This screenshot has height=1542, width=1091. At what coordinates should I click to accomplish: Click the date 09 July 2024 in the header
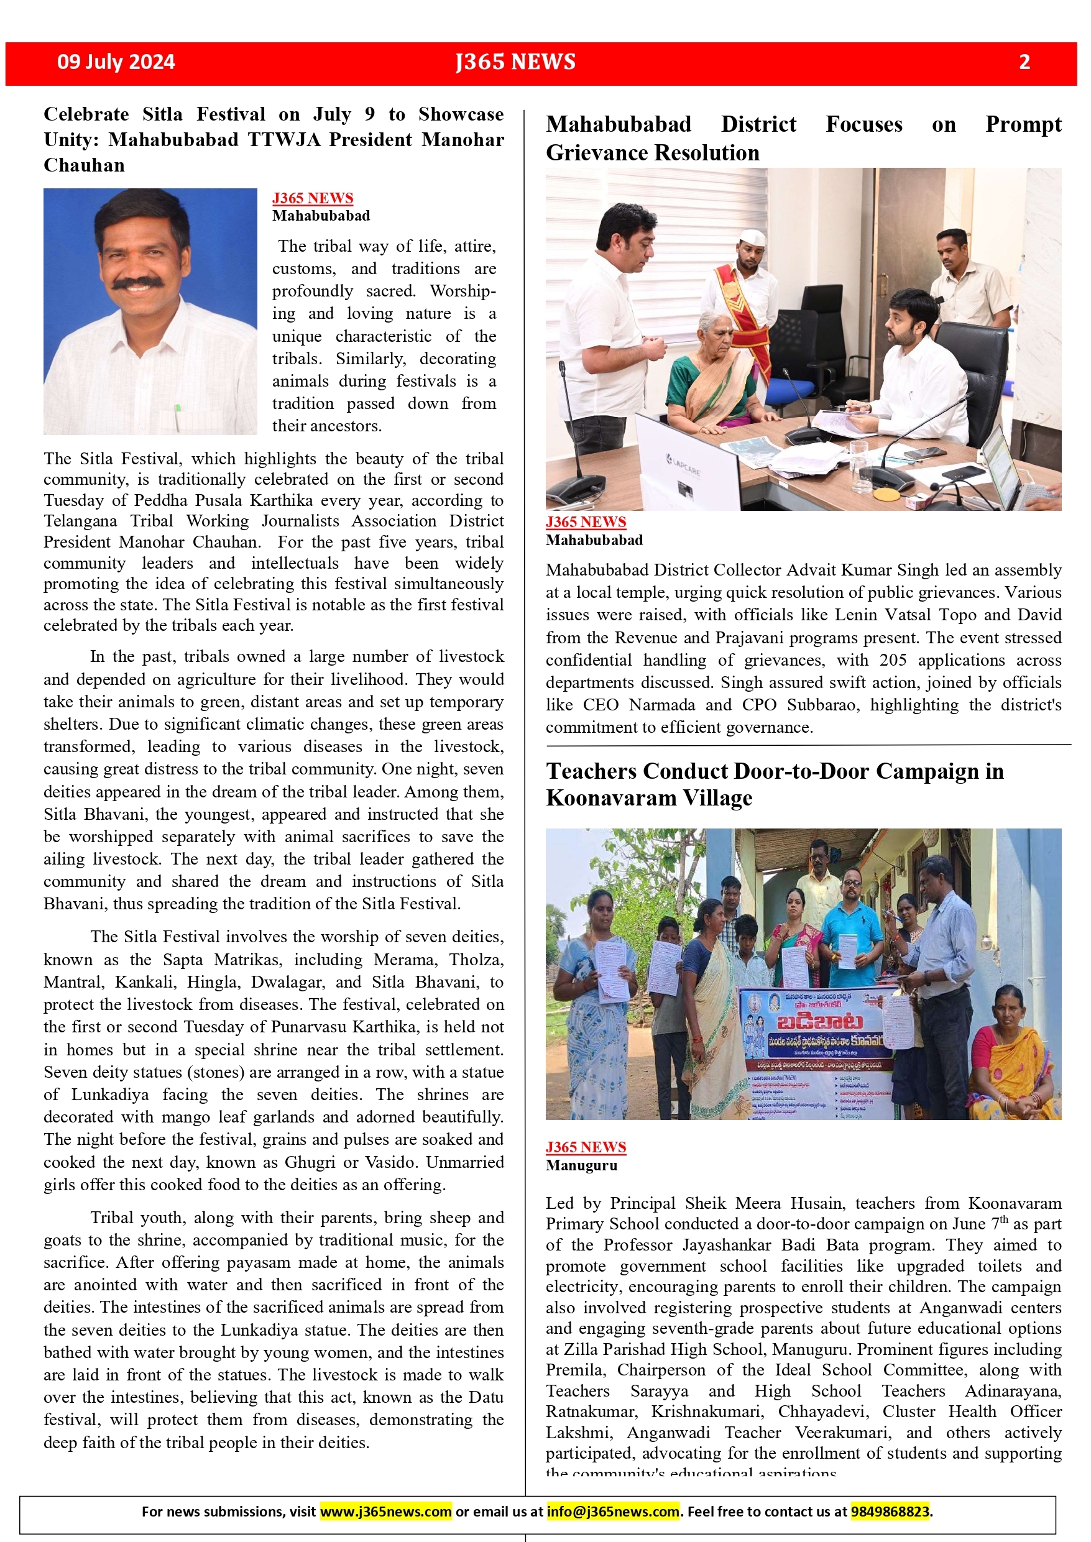(x=116, y=62)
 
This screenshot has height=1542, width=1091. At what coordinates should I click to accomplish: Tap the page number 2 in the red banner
(x=1024, y=62)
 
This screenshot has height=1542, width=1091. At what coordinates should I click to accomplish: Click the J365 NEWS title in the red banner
(x=515, y=62)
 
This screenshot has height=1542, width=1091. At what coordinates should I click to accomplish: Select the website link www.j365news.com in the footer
(x=385, y=1511)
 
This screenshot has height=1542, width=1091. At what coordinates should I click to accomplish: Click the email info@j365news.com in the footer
(x=613, y=1511)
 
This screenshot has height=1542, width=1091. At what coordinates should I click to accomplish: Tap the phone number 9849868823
(x=890, y=1511)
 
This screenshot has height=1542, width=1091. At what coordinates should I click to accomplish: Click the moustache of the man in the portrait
(x=138, y=283)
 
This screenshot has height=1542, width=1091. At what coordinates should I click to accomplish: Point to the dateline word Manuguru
(x=581, y=1165)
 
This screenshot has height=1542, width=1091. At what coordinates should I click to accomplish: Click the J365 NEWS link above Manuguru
(x=586, y=1147)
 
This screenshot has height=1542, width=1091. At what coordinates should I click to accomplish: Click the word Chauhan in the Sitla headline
(x=84, y=165)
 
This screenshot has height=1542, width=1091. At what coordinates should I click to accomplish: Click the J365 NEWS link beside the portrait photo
(x=313, y=198)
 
